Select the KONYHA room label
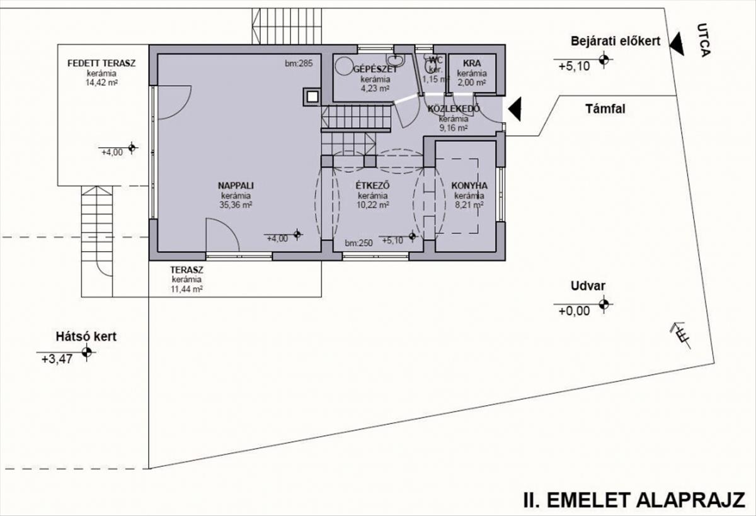(x=469, y=186)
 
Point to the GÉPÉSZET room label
(x=375, y=69)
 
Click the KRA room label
(x=472, y=63)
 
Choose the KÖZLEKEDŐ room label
(x=453, y=109)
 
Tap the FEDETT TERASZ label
(x=102, y=63)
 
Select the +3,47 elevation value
(x=56, y=359)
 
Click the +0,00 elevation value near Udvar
(x=573, y=310)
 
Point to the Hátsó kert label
(x=85, y=337)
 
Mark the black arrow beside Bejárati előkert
(x=675, y=44)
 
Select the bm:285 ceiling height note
(x=299, y=63)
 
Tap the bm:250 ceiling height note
(x=359, y=242)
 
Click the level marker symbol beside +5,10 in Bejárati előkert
(x=605, y=60)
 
